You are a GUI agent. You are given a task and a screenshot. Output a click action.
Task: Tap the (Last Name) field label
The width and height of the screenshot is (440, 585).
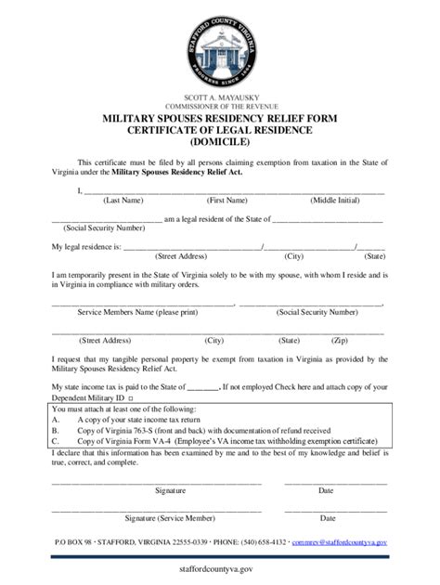click(123, 200)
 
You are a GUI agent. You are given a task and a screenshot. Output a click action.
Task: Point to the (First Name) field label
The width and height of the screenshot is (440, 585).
click(226, 200)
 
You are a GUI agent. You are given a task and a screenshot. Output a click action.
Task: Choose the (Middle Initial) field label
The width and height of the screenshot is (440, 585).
click(338, 200)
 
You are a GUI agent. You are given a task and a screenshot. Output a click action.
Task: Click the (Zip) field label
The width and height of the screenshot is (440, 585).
click(340, 340)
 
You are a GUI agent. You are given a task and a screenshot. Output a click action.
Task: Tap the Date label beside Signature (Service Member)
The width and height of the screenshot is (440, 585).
click(327, 518)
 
